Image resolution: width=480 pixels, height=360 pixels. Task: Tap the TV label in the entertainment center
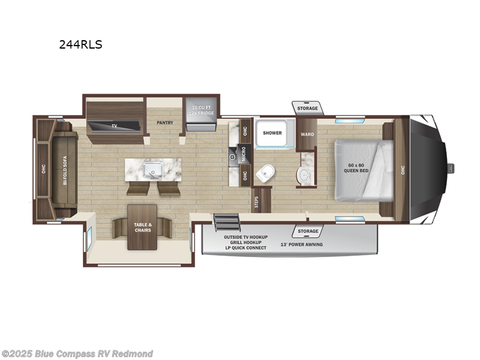114,126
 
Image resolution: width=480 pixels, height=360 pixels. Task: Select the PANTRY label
164,122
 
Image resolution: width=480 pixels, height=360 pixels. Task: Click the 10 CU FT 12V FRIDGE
200,109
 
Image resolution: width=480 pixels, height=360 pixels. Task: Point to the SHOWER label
272,133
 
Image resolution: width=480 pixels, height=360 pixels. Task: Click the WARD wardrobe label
307,134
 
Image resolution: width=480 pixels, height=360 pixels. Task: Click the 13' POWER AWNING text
299,244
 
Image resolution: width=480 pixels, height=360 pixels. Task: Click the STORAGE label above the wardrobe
308,108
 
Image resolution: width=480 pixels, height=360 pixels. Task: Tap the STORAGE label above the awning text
308,231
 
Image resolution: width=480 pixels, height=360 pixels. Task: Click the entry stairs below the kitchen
227,221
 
